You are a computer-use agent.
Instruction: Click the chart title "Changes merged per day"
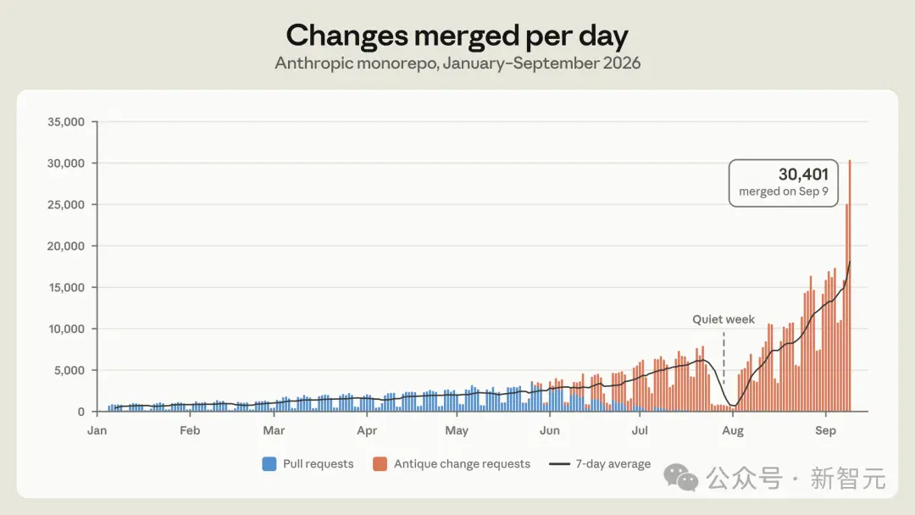click(457, 36)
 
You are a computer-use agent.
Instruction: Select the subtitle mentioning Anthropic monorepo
click(457, 63)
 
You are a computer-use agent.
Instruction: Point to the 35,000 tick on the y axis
click(66, 122)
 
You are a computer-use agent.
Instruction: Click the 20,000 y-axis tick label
click(66, 246)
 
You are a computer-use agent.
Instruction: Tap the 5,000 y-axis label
click(69, 370)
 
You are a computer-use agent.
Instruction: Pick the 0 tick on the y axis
click(81, 412)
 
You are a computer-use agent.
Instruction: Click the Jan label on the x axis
click(97, 430)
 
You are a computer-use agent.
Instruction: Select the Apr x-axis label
click(367, 430)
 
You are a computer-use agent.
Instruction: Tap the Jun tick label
click(550, 430)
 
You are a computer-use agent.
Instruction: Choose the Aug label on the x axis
click(733, 430)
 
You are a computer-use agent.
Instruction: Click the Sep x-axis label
click(826, 430)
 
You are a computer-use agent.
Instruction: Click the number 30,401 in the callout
click(803, 174)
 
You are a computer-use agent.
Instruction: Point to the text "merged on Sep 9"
click(784, 191)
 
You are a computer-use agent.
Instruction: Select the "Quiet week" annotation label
click(724, 319)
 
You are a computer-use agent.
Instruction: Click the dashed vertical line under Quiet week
click(724, 358)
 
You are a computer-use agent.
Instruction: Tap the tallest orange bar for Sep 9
click(850, 285)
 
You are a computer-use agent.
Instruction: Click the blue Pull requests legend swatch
click(269, 463)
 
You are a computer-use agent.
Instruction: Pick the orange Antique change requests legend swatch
click(380, 463)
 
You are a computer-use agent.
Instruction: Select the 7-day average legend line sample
click(560, 464)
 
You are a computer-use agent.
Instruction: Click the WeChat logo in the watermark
click(680, 478)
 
